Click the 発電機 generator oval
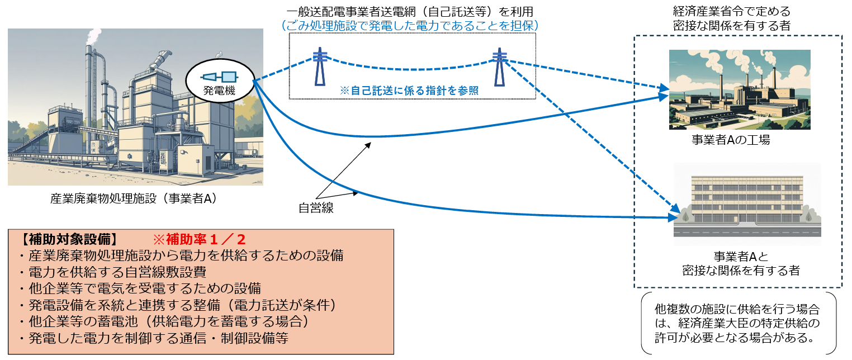click(220, 82)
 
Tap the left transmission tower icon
click(319, 67)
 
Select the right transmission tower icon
click(499, 67)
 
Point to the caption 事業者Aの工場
click(731, 140)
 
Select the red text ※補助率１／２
click(199, 240)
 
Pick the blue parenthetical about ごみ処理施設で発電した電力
click(411, 25)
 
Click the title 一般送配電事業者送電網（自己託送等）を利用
click(411, 11)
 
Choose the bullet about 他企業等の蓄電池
click(163, 323)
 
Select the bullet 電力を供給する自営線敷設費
click(111, 272)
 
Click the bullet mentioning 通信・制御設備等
click(153, 339)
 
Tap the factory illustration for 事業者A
click(739, 89)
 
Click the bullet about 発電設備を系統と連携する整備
click(176, 306)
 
